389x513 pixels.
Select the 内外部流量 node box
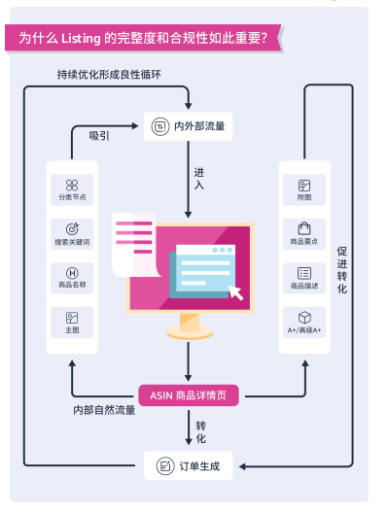[x=189, y=124]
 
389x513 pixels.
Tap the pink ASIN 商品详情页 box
[x=190, y=394]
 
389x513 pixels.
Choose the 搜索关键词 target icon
[x=72, y=228]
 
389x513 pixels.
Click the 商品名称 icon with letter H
[x=72, y=273]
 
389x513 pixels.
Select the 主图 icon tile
[x=72, y=318]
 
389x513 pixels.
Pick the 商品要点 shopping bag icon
[x=304, y=228]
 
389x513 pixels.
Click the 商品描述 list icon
[x=304, y=273]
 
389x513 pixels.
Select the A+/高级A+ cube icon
[x=304, y=318]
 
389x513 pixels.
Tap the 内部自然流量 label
[x=104, y=410]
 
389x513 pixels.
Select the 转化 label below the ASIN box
[x=200, y=432]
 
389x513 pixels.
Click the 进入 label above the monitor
[x=199, y=178]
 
